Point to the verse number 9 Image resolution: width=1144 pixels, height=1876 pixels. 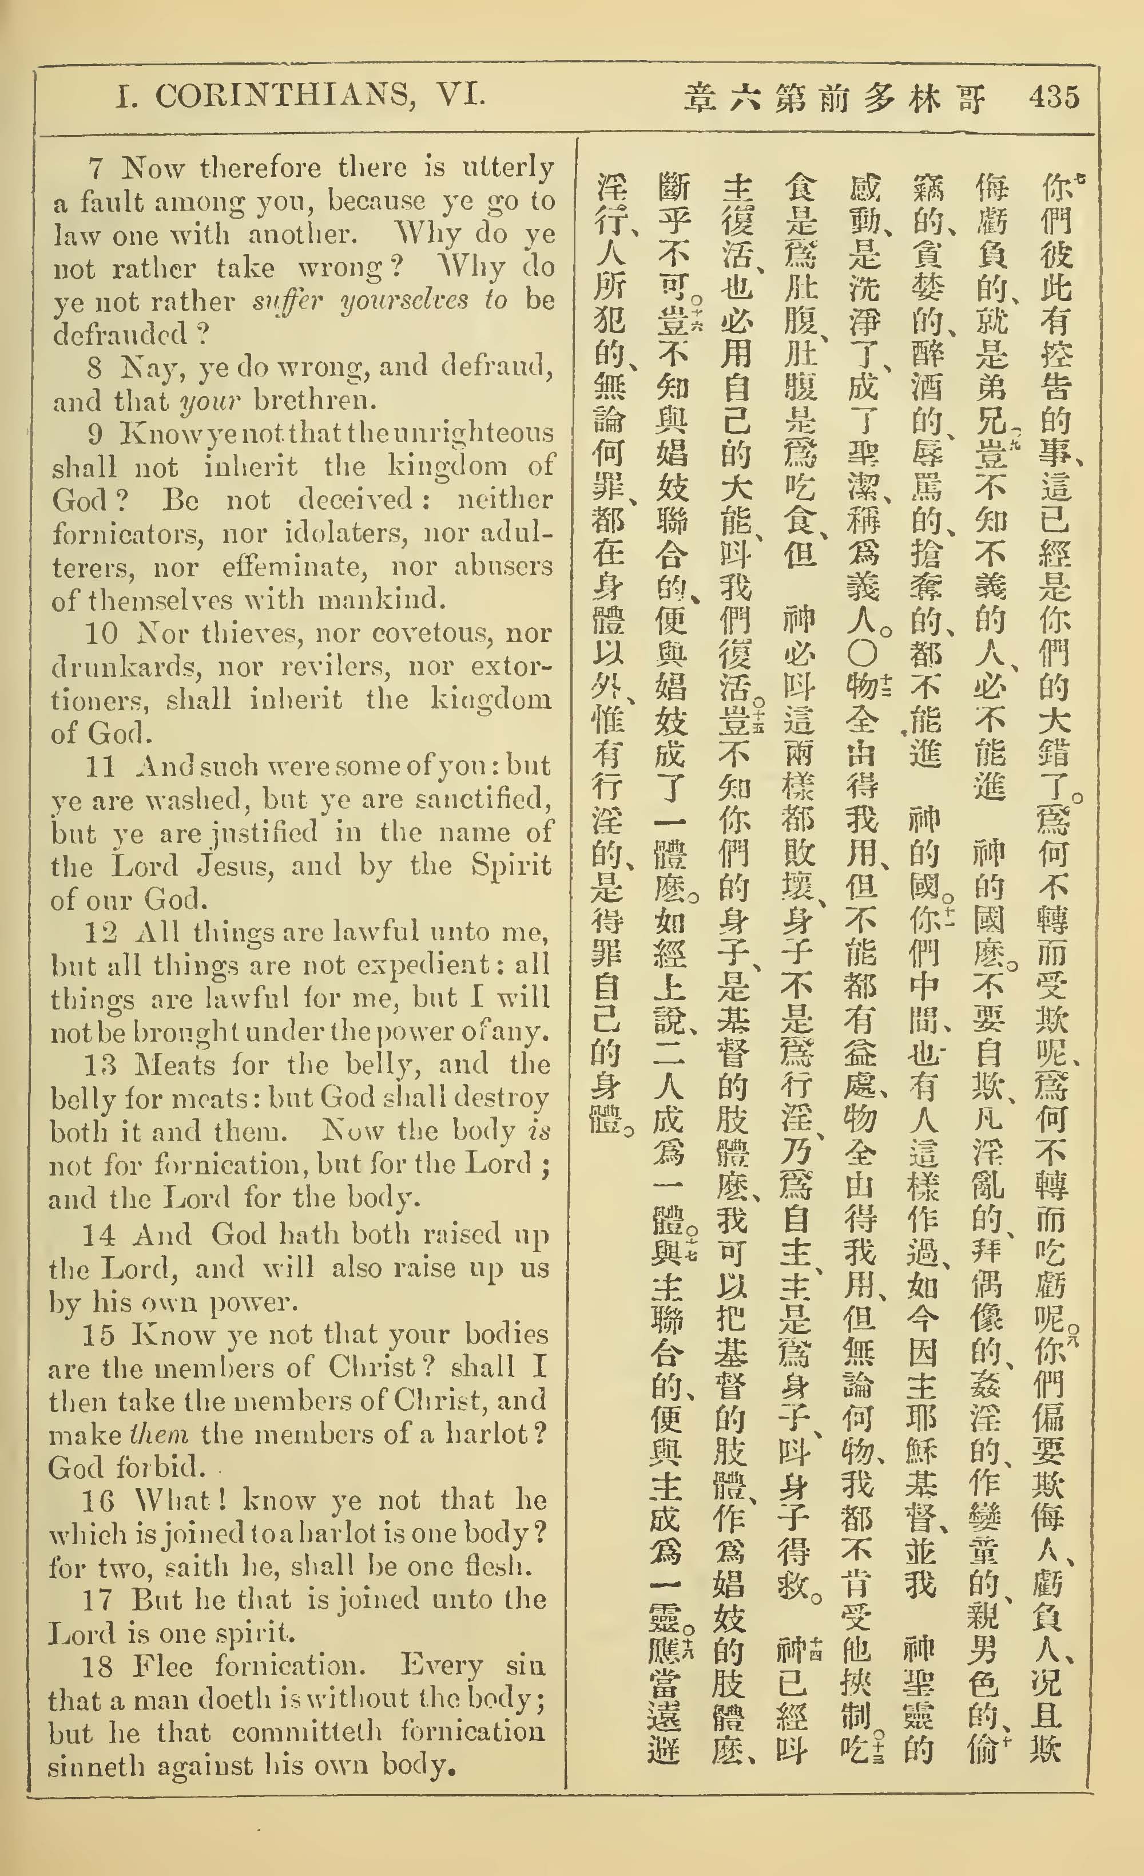pyautogui.click(x=95, y=433)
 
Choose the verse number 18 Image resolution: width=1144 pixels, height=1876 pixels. pyautogui.click(x=97, y=1667)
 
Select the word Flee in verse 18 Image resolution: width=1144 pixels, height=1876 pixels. pyautogui.click(x=162, y=1667)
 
